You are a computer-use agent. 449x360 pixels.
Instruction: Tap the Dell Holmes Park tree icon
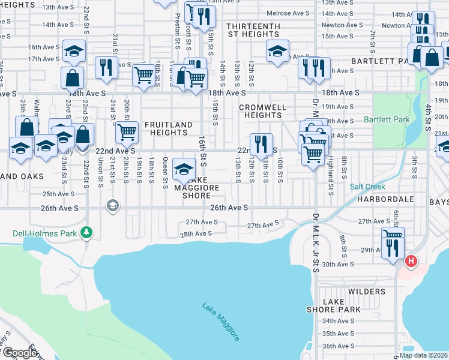click(x=87, y=232)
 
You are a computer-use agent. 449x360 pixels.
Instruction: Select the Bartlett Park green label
click(x=387, y=119)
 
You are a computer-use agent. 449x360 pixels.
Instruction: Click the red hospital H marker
click(x=411, y=261)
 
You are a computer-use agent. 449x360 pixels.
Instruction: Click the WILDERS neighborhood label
click(x=366, y=292)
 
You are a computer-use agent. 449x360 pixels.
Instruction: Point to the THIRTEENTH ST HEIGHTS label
click(x=253, y=31)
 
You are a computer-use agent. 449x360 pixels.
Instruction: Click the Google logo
click(x=20, y=353)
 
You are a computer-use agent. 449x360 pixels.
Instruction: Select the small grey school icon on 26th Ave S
click(x=112, y=206)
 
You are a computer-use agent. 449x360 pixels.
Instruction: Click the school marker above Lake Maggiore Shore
click(x=183, y=169)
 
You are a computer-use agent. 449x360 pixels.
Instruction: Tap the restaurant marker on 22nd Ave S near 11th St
click(x=261, y=144)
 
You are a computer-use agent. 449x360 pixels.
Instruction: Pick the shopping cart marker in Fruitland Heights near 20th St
click(x=126, y=131)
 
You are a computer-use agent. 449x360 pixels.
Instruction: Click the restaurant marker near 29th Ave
click(x=393, y=248)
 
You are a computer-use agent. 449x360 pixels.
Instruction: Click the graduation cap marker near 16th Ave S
click(x=74, y=52)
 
